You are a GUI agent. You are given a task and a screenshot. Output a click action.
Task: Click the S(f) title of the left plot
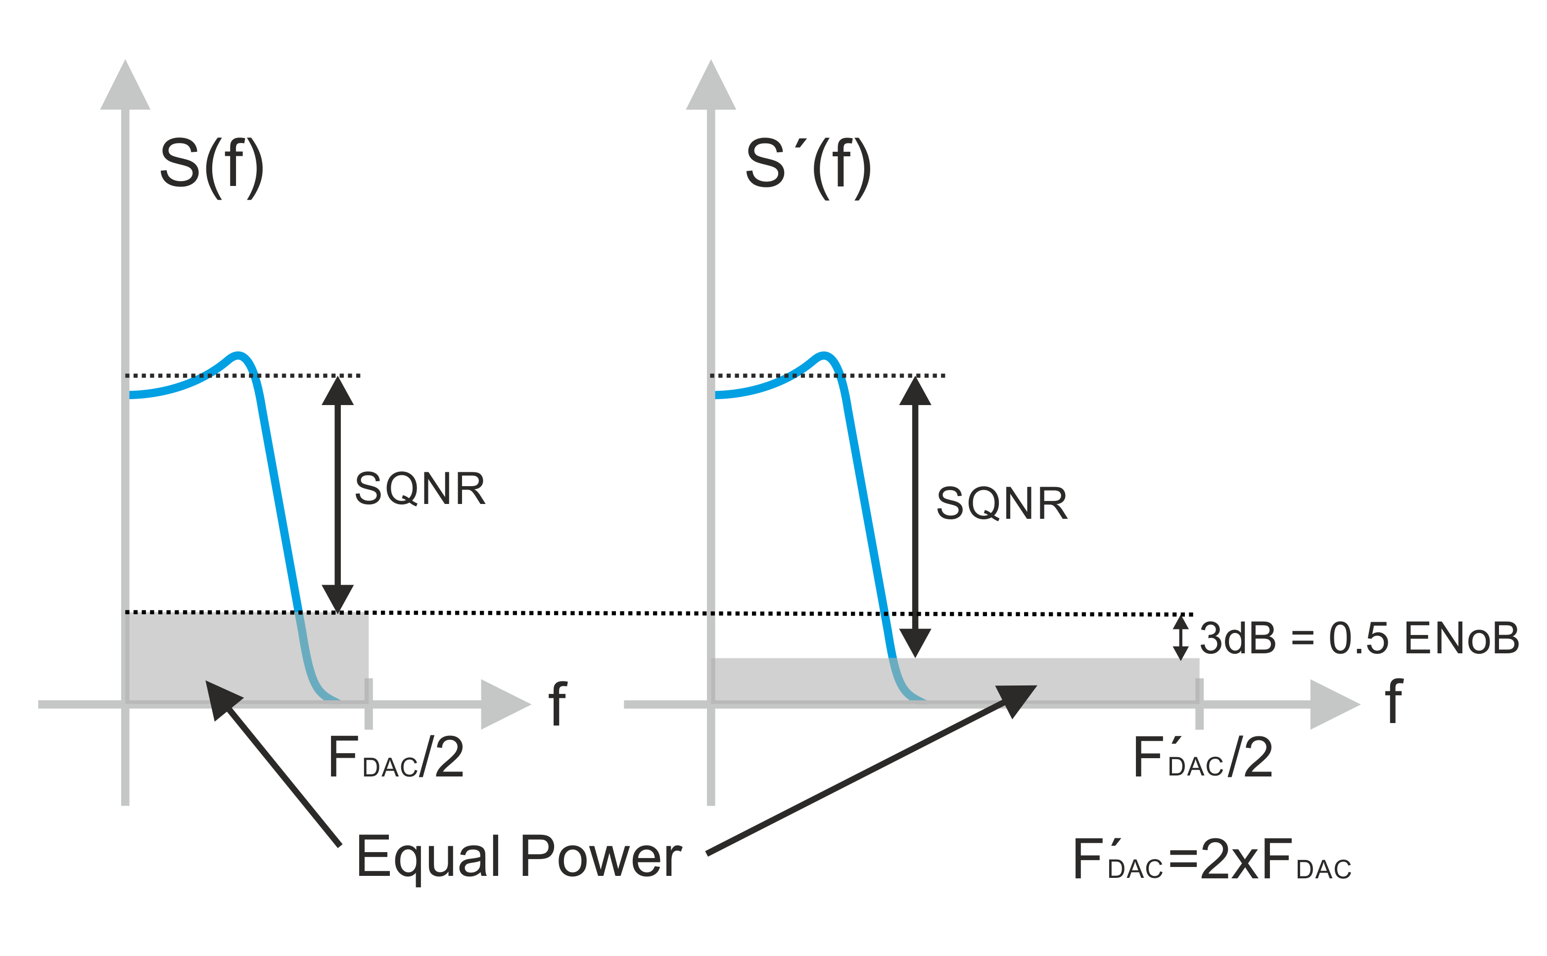tap(211, 166)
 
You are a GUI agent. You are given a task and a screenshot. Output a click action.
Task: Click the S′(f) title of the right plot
tap(808, 166)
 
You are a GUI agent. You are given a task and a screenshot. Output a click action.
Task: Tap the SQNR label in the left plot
tap(420, 489)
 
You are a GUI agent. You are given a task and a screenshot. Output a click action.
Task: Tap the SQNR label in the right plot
tap(1002, 504)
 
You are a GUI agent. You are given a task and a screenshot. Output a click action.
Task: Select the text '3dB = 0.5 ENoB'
tap(1359, 638)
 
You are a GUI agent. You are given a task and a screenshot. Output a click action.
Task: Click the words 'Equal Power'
tap(518, 857)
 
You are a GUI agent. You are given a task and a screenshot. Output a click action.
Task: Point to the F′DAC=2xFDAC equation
tap(1212, 860)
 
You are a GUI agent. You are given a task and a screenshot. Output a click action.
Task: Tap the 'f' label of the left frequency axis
tap(557, 703)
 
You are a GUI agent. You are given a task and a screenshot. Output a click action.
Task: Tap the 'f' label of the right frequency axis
tap(1394, 701)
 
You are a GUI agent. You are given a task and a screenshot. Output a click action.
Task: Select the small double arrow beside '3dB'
tap(1181, 637)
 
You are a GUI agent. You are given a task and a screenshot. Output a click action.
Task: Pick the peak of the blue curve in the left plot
tap(238, 355)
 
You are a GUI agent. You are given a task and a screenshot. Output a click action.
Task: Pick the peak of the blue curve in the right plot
tap(823, 355)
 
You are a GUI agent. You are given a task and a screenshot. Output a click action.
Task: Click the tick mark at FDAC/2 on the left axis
tap(369, 704)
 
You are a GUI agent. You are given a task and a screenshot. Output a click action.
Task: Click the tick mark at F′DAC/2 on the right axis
tap(1199, 704)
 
